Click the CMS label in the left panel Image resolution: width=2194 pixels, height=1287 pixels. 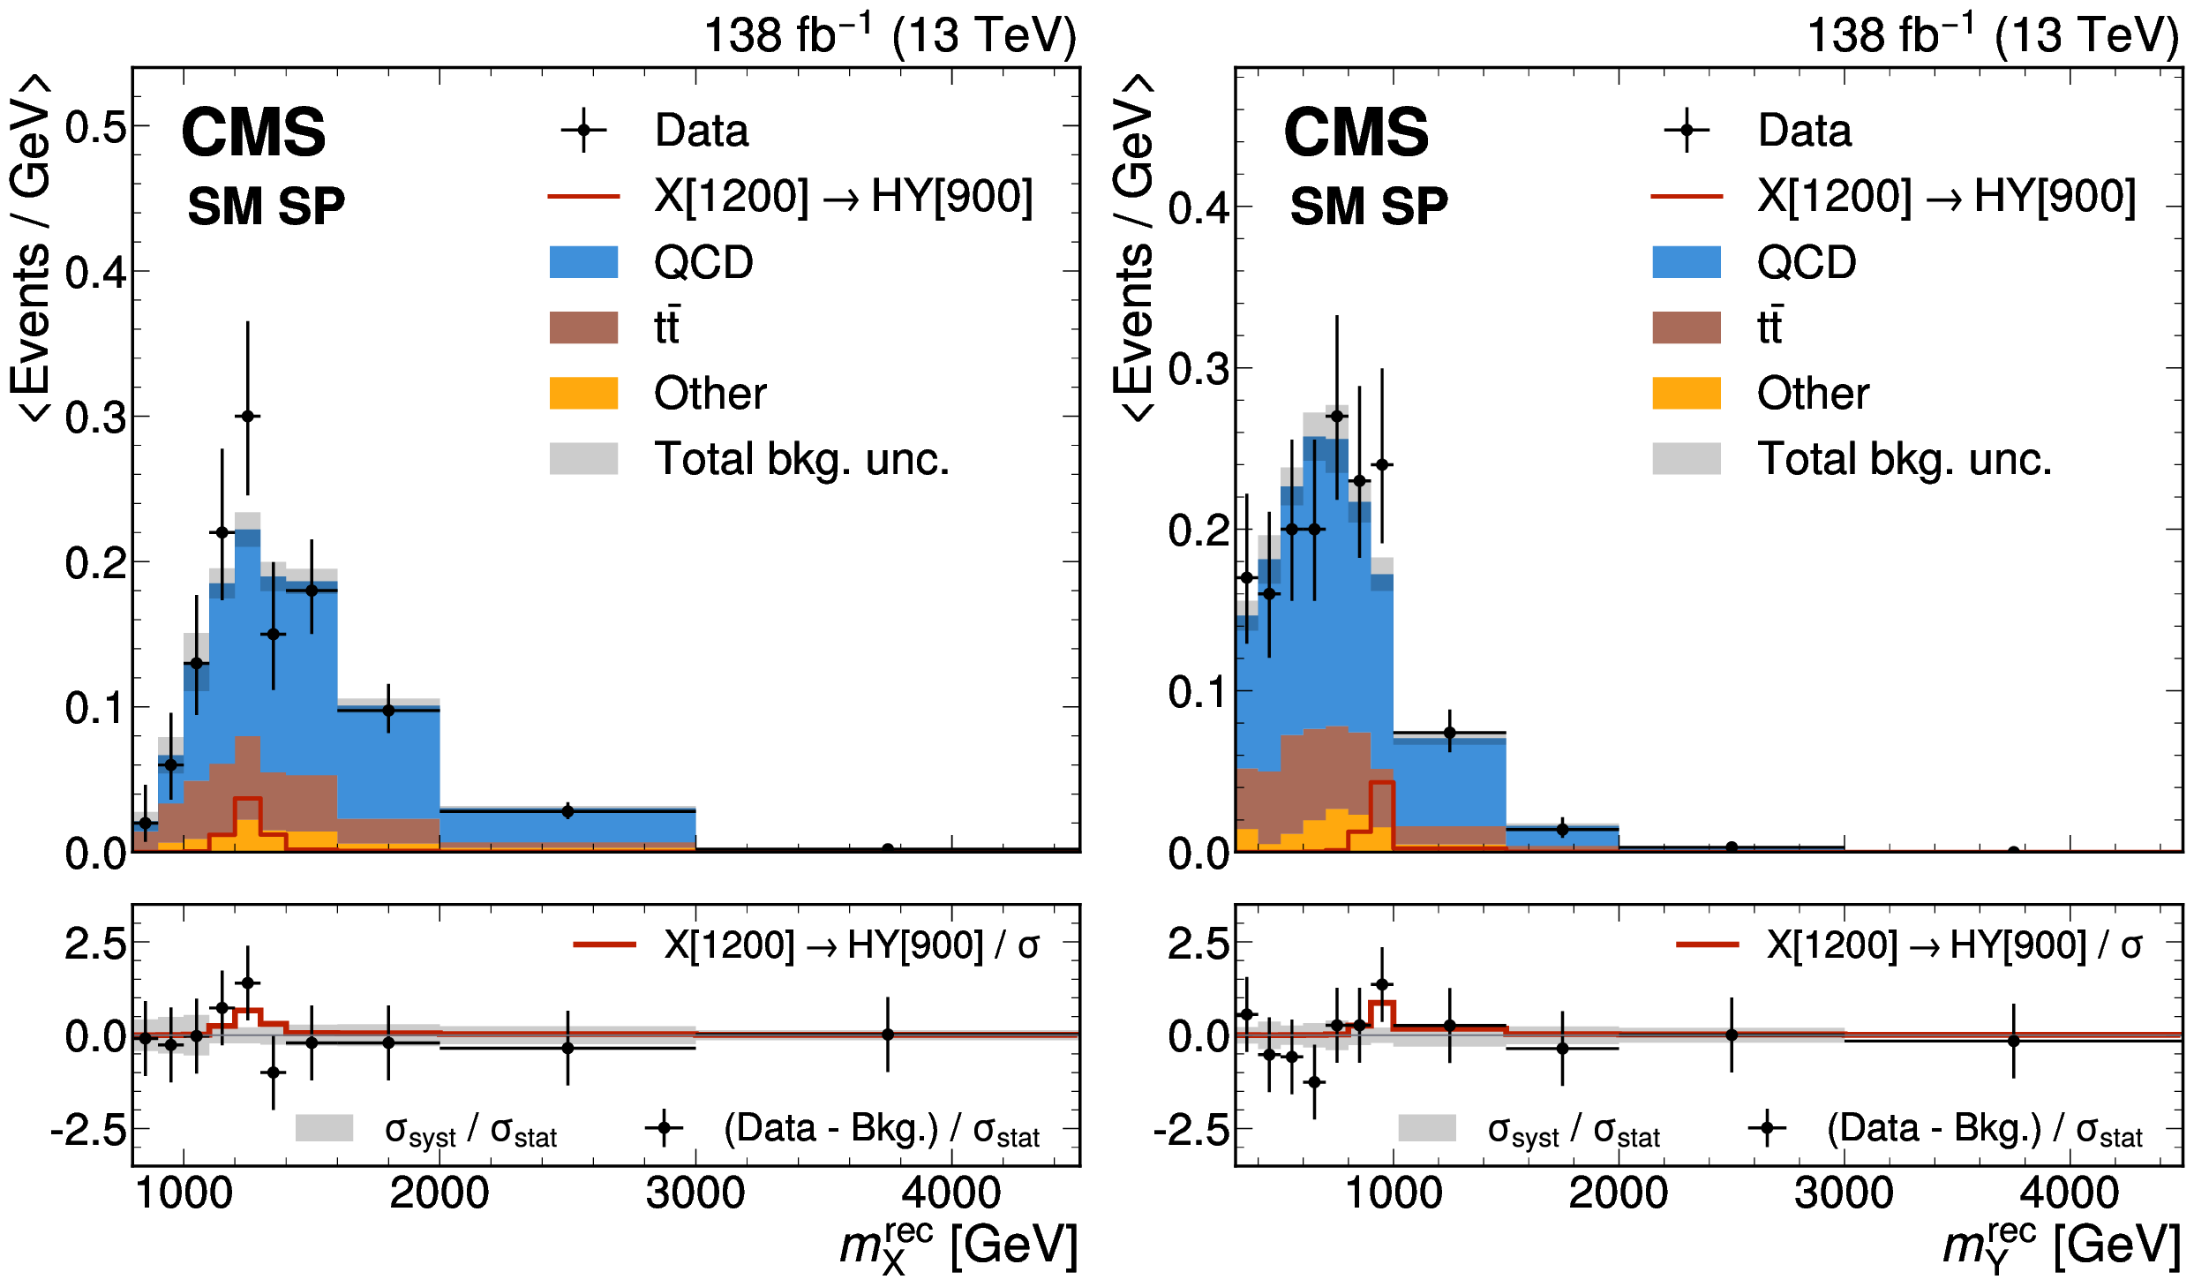point(253,132)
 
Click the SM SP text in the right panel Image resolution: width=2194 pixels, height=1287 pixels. point(1369,207)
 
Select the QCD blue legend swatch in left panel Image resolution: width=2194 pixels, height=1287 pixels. point(583,262)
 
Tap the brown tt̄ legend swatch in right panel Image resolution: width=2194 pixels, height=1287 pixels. point(1687,327)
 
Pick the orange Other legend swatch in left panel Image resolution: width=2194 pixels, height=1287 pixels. point(583,393)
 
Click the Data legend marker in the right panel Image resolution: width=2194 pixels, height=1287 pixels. point(1687,131)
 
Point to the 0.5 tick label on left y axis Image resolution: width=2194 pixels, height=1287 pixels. point(96,127)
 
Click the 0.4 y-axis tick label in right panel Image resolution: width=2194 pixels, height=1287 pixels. point(1198,208)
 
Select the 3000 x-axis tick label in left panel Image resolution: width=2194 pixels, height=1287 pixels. point(695,1193)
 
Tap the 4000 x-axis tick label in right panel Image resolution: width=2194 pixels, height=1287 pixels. point(2070,1193)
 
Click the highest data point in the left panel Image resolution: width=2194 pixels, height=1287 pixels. point(248,416)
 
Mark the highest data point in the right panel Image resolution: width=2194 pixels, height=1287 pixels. point(1337,416)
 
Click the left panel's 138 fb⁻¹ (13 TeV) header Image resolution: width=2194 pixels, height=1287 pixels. point(890,35)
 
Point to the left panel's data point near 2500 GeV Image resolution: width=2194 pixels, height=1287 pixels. point(567,811)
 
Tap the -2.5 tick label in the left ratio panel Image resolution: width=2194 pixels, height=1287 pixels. point(89,1130)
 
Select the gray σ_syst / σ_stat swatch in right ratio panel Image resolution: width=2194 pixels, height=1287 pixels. point(1427,1128)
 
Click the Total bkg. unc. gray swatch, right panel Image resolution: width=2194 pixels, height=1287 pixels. point(1687,459)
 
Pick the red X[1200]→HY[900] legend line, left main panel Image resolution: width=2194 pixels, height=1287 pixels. point(583,196)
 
